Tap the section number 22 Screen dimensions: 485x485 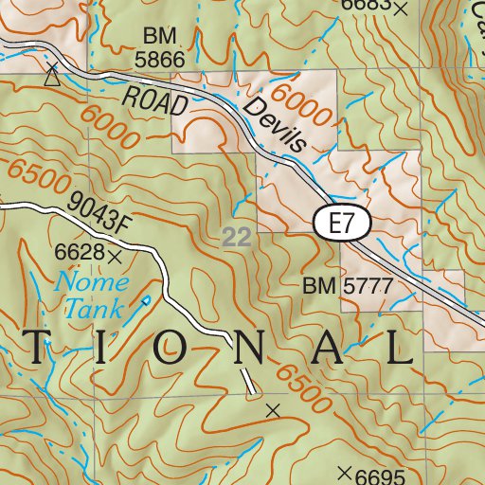coord(237,237)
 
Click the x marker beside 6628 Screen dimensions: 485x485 coord(116,256)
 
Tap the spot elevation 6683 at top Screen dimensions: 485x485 coord(365,6)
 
